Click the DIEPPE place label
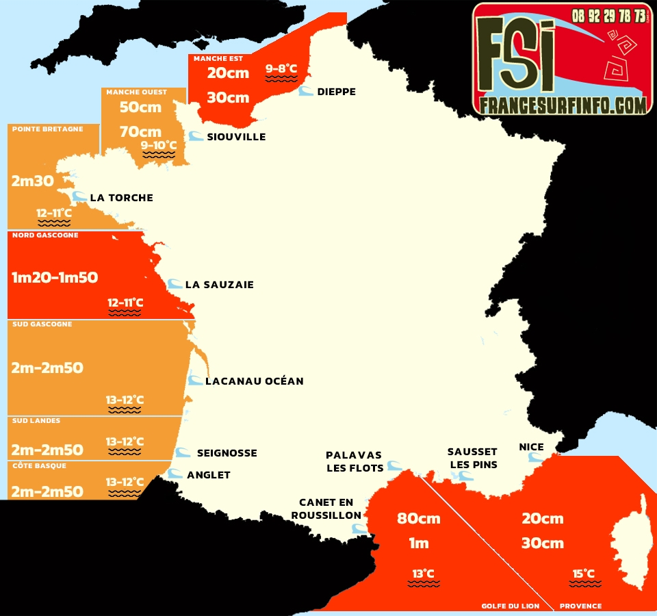[x=336, y=92]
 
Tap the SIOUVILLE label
[x=236, y=137]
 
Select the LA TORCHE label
[x=121, y=198]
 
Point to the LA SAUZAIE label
[x=219, y=285]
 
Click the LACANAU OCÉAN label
[x=254, y=381]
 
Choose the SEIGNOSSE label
[x=227, y=453]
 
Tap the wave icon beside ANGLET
[x=176, y=474]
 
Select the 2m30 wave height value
[x=33, y=181]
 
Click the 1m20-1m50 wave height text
[x=55, y=277]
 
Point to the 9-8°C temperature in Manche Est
[x=281, y=68]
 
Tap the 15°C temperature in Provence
[x=583, y=574]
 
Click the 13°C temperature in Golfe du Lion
[x=423, y=574]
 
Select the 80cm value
[x=418, y=518]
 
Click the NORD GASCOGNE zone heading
[x=45, y=235]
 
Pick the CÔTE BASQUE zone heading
[x=38, y=465]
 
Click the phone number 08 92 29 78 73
[x=608, y=15]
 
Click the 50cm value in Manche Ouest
[x=140, y=107]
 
